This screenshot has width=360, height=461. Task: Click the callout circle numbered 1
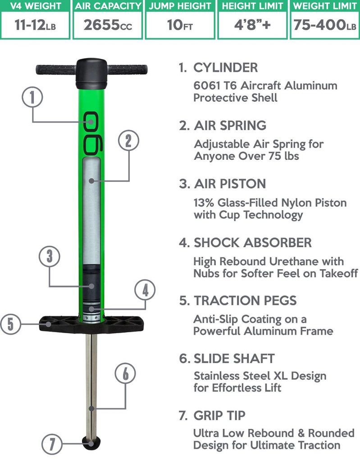(32, 98)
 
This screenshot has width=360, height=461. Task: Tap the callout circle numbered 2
(128, 141)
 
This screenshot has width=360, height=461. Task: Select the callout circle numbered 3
(49, 257)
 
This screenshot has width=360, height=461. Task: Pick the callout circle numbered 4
(145, 290)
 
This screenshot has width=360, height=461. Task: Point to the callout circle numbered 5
(10, 323)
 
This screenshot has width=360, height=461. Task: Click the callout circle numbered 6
(125, 373)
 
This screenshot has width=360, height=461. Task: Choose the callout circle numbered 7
(52, 445)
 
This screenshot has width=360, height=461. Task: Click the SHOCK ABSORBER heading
(252, 243)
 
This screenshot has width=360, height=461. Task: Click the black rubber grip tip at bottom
(91, 441)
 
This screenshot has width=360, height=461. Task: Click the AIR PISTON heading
(229, 184)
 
